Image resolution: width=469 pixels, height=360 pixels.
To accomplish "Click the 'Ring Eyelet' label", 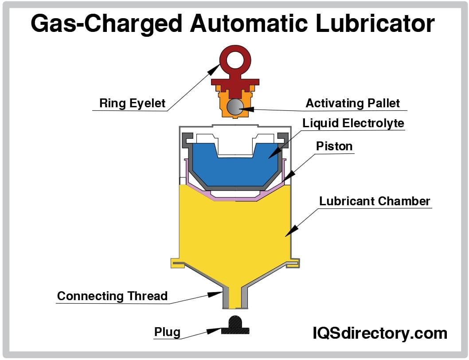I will click(x=132, y=104).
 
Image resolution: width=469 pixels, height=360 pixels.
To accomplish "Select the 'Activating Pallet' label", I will click(x=352, y=103).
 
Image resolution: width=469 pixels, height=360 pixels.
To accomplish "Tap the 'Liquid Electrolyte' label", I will click(x=353, y=123).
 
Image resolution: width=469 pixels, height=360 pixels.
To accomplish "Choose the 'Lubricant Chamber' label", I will click(x=375, y=201).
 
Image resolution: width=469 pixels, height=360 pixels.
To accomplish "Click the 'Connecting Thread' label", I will click(x=112, y=296).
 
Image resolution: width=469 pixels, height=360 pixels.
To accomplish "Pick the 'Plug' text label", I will click(x=167, y=332).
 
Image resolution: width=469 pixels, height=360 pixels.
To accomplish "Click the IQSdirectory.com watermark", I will click(x=380, y=333).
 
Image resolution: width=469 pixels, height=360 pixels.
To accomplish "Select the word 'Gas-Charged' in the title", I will click(x=107, y=24).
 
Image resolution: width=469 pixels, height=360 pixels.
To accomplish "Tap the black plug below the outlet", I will click(x=234, y=325).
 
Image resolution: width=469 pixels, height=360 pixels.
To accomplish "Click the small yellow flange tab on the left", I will click(x=176, y=263).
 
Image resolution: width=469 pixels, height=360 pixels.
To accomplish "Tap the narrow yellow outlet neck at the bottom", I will click(x=234, y=297).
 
